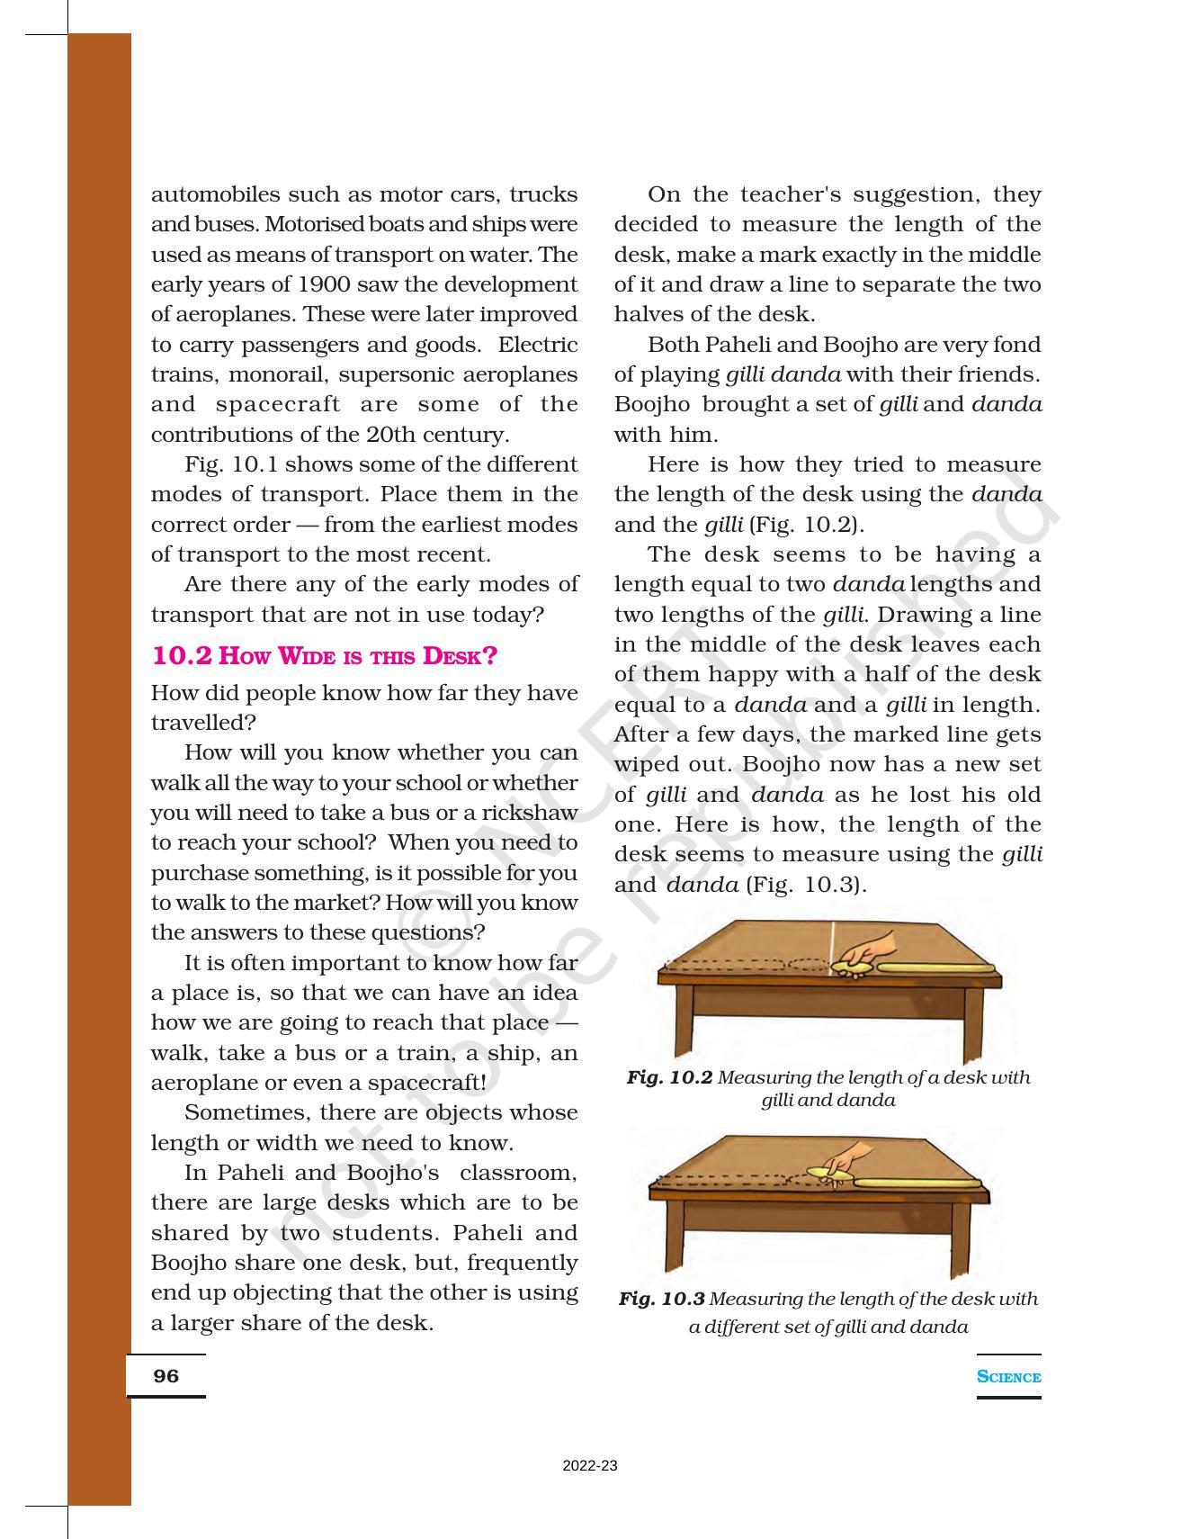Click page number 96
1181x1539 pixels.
pyautogui.click(x=166, y=1376)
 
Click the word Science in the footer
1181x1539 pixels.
pyautogui.click(x=1008, y=1377)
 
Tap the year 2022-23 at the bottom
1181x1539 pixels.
pyautogui.click(x=590, y=1466)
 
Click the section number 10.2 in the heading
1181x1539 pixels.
pyautogui.click(x=182, y=655)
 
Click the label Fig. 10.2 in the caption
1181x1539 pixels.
pyautogui.click(x=669, y=1077)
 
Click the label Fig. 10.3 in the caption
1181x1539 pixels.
pyautogui.click(x=661, y=1299)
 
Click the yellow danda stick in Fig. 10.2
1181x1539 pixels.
pyautogui.click(x=935, y=968)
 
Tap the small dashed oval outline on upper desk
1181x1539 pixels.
pyautogui.click(x=810, y=965)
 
